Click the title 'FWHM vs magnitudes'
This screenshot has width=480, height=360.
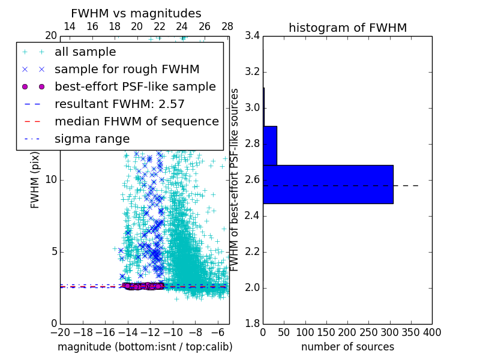(x=136, y=13)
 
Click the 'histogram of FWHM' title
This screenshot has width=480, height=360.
(x=347, y=28)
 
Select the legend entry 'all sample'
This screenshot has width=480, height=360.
(x=85, y=52)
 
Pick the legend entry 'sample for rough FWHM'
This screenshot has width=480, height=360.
(x=127, y=69)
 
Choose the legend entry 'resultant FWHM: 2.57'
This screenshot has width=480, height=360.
(x=119, y=104)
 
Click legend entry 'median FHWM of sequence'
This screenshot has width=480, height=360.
(x=136, y=121)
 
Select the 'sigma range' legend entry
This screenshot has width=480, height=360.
(x=92, y=139)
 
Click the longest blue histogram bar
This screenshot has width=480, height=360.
(x=328, y=184)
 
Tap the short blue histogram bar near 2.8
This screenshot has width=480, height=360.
(x=270, y=145)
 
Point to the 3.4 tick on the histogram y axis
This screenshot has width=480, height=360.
(x=253, y=36)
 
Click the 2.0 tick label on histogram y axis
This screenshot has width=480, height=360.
(x=253, y=288)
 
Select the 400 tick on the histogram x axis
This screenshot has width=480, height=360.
(x=431, y=332)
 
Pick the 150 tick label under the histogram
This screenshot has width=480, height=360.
(x=326, y=332)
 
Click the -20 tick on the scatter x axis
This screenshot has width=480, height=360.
(x=60, y=332)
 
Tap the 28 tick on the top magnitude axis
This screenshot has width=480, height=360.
(x=227, y=26)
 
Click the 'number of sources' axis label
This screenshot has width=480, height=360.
(x=347, y=347)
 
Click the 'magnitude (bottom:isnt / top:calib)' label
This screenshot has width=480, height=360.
(x=145, y=347)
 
